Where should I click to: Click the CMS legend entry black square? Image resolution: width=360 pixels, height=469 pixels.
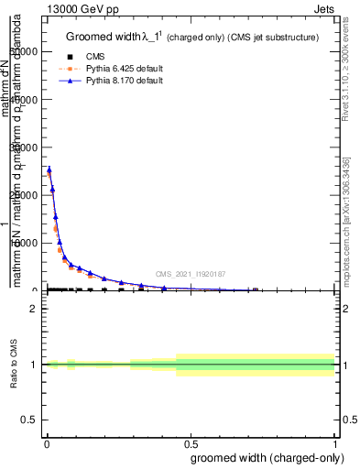coord(70,55)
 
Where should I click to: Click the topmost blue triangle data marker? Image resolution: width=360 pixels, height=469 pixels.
coord(49,169)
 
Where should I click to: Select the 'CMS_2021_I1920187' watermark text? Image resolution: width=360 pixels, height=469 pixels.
coord(190,274)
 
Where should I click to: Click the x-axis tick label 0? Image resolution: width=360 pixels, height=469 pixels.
coord(45,442)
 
